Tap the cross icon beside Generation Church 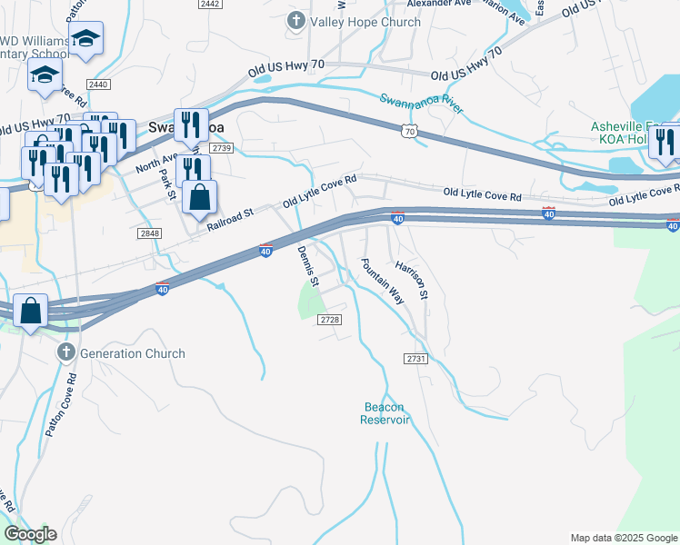tap(65, 352)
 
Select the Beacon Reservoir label tap(385, 413)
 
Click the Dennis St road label tap(309, 266)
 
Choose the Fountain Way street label tap(382, 280)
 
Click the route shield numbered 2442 tap(210, 5)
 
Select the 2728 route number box tap(330, 319)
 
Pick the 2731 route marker tap(416, 360)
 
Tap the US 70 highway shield tap(410, 133)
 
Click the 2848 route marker tap(150, 233)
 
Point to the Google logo tap(30, 533)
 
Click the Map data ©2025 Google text tap(623, 538)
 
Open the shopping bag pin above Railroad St tap(200, 196)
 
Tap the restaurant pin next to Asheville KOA tap(665, 142)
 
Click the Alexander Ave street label tap(439, 4)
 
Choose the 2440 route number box tap(99, 84)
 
